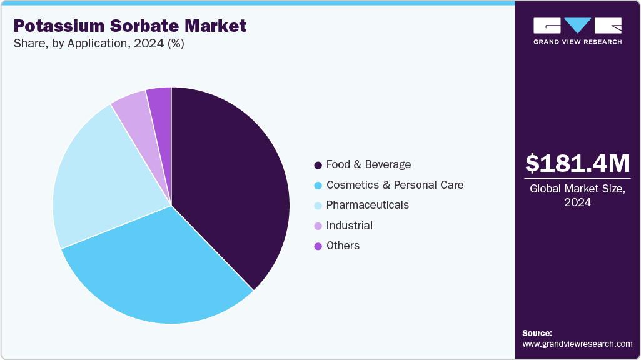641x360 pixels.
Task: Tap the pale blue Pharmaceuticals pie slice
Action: point(100,181)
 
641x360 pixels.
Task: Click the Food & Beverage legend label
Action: point(368,164)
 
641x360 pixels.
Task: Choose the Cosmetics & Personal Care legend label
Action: point(395,185)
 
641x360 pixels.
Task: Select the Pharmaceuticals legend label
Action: point(367,205)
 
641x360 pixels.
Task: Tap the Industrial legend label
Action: point(349,226)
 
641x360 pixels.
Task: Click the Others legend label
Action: point(343,246)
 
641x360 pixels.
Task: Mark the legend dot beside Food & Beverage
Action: point(318,165)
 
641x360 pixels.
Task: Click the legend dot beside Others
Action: point(318,246)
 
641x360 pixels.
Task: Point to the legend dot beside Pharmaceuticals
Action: point(318,206)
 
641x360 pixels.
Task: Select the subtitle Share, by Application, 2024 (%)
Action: point(98,44)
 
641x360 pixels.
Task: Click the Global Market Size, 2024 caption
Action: point(577,195)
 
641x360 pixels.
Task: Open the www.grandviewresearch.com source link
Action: point(577,344)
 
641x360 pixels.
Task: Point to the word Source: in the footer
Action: point(537,333)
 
